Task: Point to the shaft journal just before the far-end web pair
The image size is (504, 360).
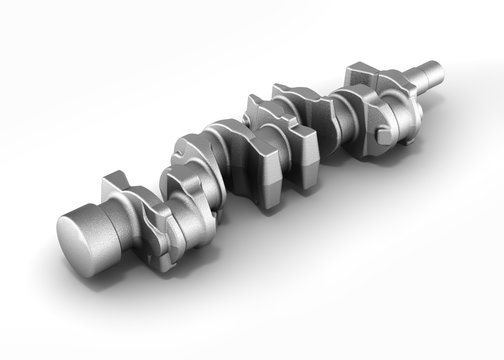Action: tap(330, 110)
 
